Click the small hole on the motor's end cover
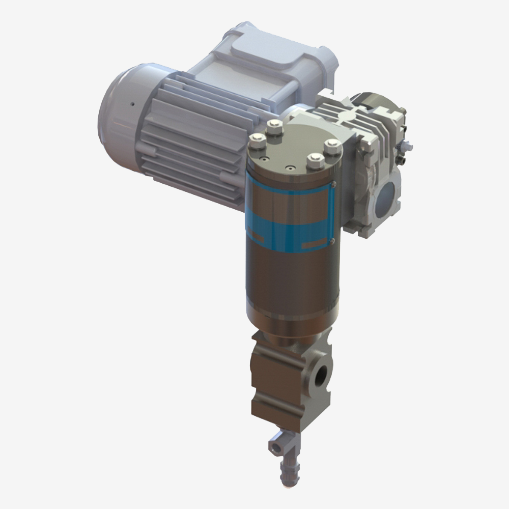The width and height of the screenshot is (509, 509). tap(131, 104)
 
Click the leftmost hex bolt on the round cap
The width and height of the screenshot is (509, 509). tap(258, 140)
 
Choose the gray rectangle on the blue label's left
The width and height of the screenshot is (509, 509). tap(259, 238)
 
